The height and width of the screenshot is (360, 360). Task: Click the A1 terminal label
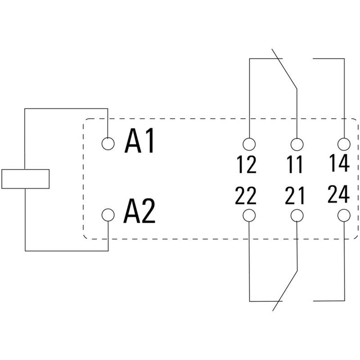point(139,140)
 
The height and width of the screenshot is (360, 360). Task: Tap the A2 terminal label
point(139,211)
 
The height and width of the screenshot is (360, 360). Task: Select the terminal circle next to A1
point(108,143)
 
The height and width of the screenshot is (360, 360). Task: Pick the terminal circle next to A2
point(108,215)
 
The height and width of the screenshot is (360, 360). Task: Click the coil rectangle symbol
point(26,179)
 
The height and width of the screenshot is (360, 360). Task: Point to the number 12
point(246,165)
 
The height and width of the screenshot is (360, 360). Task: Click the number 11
point(295,165)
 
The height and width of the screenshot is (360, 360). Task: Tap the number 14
point(339,163)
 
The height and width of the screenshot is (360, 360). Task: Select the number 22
point(245,195)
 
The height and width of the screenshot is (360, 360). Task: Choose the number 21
point(295,195)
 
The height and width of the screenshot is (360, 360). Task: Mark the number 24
point(338,194)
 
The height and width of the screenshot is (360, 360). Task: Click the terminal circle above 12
point(249,144)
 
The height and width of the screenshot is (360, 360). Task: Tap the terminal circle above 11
point(297,144)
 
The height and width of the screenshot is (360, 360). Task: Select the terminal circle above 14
point(344,144)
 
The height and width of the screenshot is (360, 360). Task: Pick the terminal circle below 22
point(249,215)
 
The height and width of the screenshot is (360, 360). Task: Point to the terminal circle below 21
point(297,215)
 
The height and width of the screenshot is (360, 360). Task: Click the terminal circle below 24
point(344,215)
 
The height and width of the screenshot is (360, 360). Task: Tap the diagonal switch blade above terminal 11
point(284,69)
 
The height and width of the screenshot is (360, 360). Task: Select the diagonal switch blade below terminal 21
point(285,291)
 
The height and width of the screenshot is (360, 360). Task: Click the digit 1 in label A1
point(150,140)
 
